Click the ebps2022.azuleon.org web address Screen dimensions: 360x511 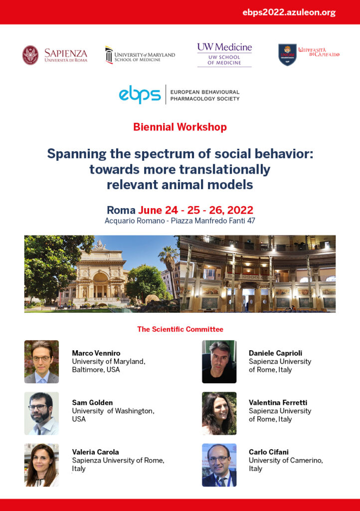tap(289, 12)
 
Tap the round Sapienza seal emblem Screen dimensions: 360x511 tap(30, 55)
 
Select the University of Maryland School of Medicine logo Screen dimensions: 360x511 tap(140, 55)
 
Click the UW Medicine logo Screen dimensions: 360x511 tap(224, 54)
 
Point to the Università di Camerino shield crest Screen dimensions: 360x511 tap(287, 55)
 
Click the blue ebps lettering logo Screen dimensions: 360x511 tap(140, 94)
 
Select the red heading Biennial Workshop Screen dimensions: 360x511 tap(180, 127)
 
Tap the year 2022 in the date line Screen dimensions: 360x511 tap(240, 210)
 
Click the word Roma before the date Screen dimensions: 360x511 tap(121, 210)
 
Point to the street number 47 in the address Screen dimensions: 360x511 tap(251, 221)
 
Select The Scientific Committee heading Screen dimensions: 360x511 tap(180, 329)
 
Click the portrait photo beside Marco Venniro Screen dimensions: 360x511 tap(42, 362)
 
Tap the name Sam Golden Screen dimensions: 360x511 tap(92, 403)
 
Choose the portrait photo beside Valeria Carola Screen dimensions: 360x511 tap(42, 465)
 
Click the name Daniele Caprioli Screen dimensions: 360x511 tap(275, 353)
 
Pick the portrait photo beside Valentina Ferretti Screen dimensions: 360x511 tap(219, 413)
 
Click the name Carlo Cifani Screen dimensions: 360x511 tap(269, 452)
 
